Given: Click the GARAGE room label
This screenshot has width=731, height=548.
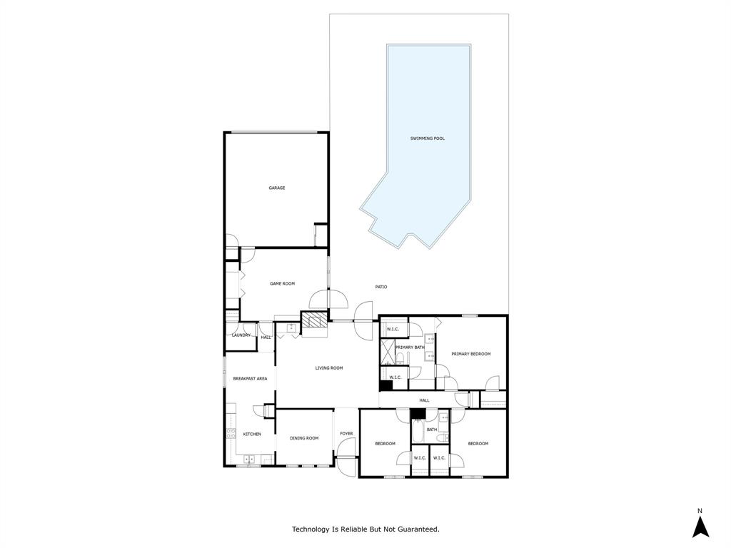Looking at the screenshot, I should click(277, 188).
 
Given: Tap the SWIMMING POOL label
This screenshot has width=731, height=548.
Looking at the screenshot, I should click(427, 138).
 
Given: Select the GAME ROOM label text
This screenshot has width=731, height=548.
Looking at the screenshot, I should click(282, 283).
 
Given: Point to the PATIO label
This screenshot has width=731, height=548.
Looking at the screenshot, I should click(381, 287).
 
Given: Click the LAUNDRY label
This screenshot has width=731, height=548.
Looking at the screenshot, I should click(241, 335).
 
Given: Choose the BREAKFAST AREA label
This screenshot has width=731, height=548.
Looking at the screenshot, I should click(250, 378).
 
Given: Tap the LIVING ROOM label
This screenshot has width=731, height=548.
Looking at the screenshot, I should click(329, 368).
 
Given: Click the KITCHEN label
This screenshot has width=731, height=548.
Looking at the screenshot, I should click(252, 434).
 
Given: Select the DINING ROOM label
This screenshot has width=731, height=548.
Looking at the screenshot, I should click(304, 438).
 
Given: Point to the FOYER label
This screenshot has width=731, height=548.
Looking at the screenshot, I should click(346, 433).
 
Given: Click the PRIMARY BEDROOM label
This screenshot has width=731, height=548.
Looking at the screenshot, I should click(470, 354).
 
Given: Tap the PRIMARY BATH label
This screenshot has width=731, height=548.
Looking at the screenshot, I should click(410, 347).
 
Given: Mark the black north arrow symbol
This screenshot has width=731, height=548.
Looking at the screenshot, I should click(700, 527).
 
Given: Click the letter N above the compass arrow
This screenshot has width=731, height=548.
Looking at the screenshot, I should click(700, 510).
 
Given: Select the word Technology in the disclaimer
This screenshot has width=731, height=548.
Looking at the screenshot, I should click(311, 529).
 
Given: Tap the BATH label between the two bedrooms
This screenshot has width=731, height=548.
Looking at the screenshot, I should click(432, 430).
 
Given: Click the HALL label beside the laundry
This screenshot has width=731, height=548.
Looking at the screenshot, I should click(266, 338).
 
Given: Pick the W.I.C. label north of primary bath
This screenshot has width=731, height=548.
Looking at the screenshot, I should click(393, 329).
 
